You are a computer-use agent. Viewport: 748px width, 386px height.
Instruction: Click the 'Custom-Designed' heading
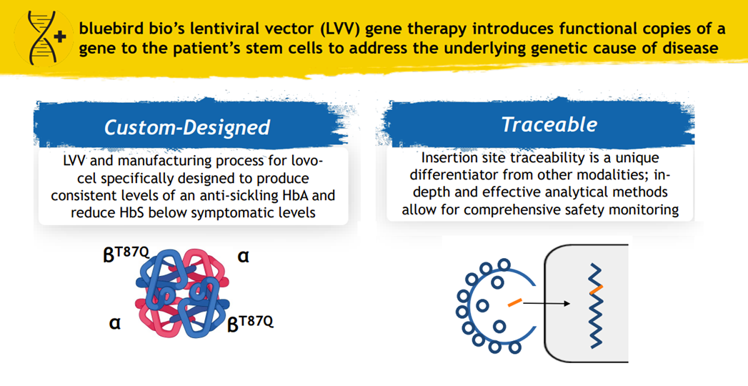[187, 127]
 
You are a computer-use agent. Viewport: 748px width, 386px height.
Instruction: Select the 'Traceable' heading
[549, 124]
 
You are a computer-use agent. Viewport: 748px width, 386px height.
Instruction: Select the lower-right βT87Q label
[250, 323]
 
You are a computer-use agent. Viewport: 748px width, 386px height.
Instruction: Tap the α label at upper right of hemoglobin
[244, 256]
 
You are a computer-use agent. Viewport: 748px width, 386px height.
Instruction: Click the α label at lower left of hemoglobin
[114, 323]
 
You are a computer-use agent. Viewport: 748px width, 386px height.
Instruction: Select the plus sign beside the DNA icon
[62, 38]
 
